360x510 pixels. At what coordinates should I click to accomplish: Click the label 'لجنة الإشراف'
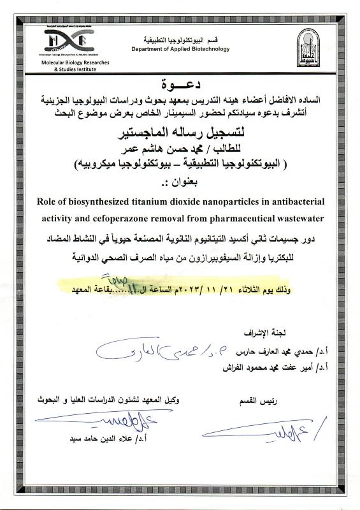[263, 333]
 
